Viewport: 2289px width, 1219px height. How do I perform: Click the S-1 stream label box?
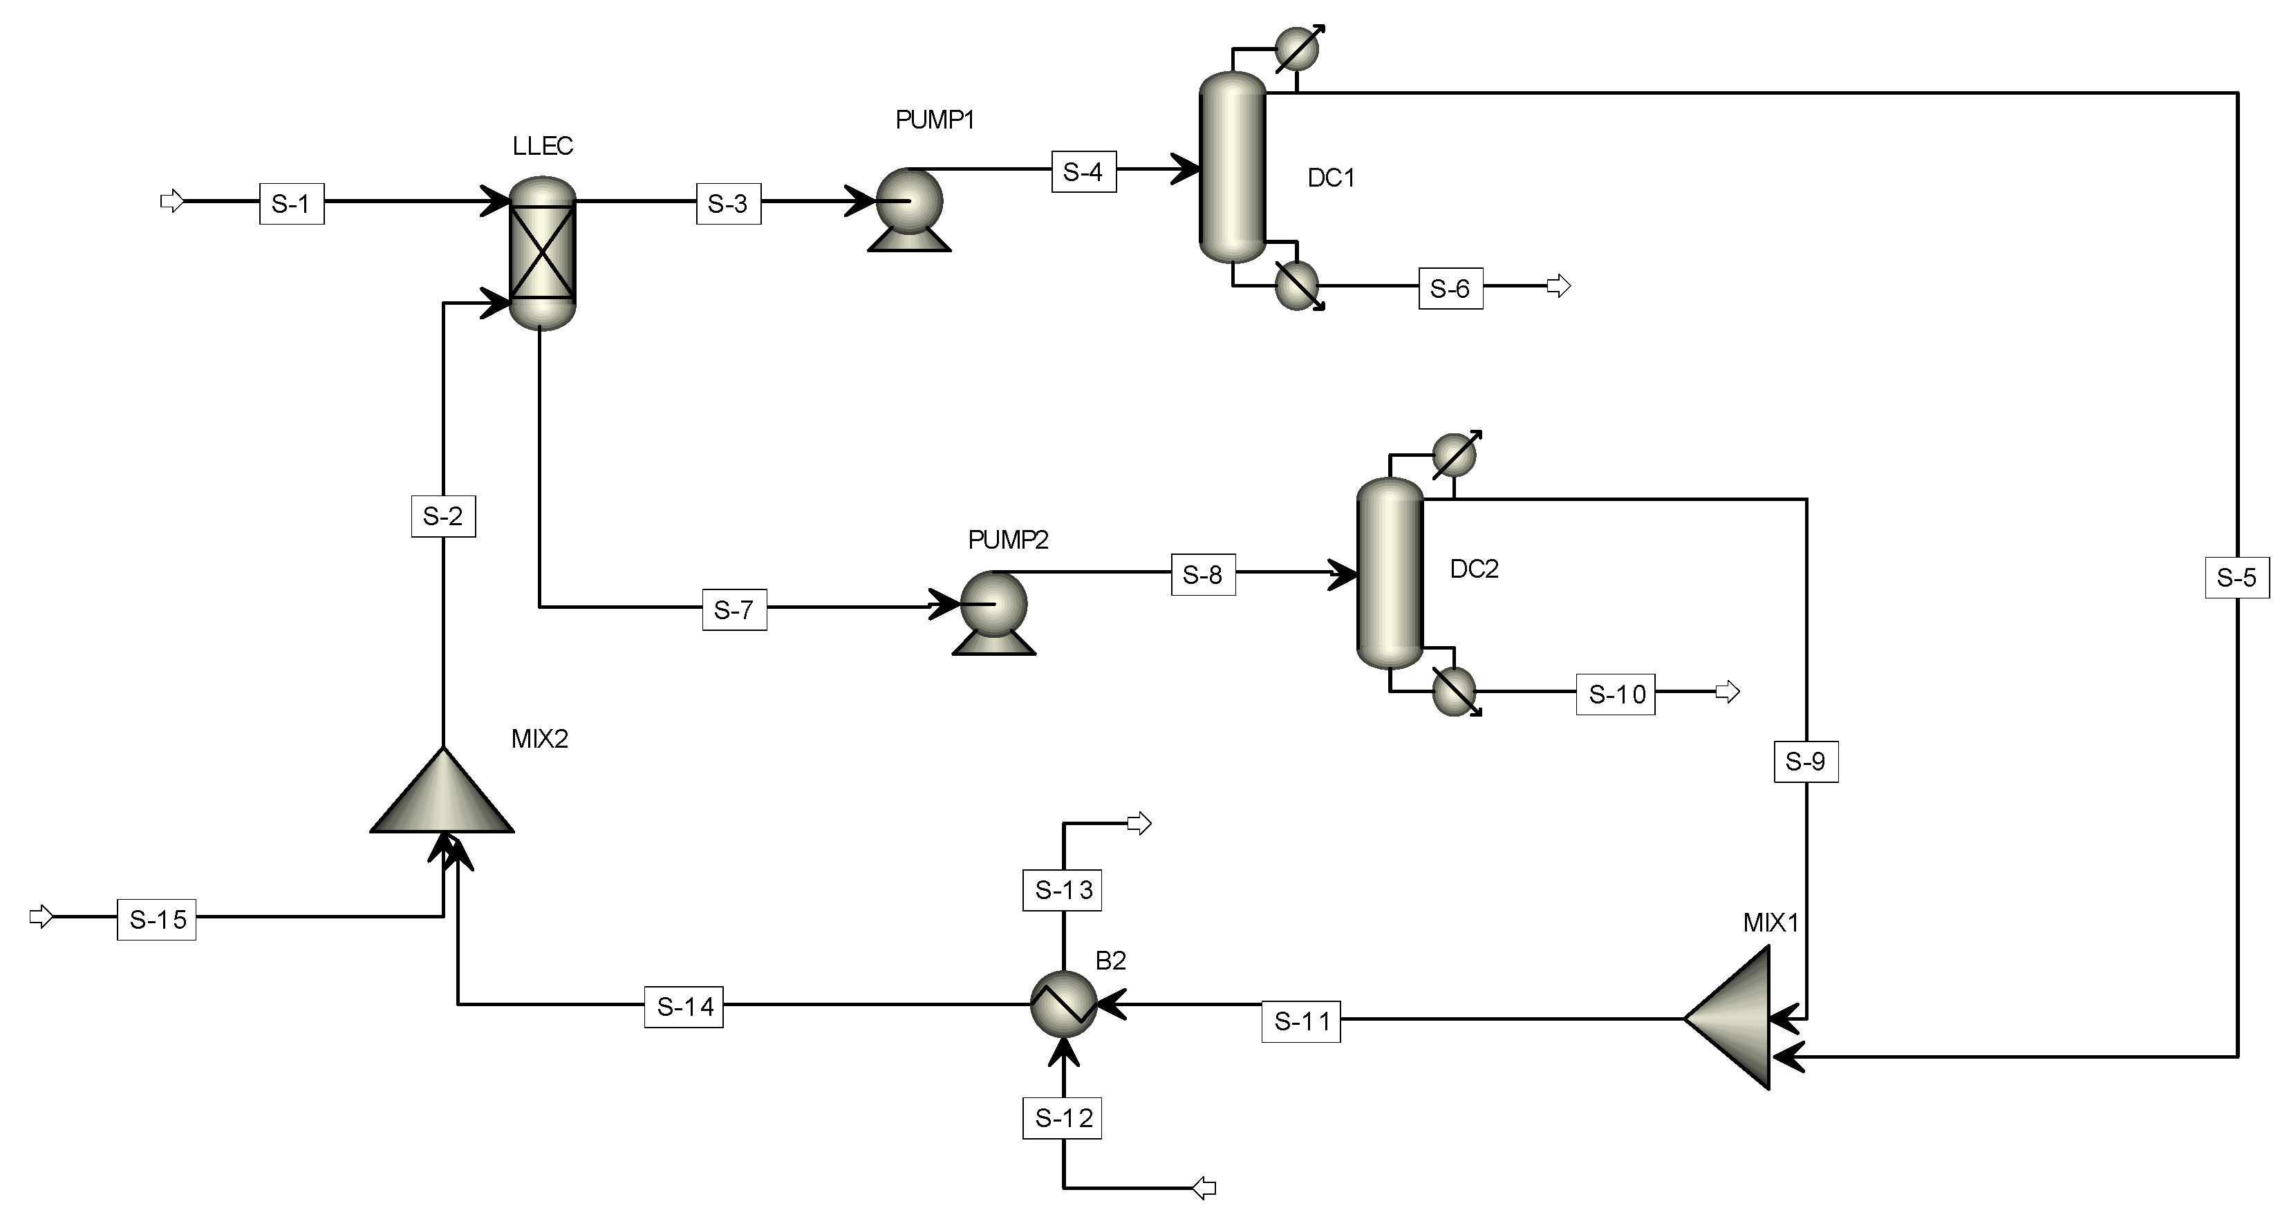tap(292, 203)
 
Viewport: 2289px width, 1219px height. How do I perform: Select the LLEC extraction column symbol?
tap(543, 253)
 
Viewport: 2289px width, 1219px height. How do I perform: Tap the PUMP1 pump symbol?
tap(909, 203)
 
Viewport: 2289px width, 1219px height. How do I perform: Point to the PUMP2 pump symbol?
tap(993, 607)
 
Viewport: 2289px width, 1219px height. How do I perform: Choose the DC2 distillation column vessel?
tap(1390, 573)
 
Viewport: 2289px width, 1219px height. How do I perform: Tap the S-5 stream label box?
tap(2236, 578)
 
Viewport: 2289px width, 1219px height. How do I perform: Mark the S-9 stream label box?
tap(1806, 762)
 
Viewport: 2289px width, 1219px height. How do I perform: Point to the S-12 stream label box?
tap(1063, 1117)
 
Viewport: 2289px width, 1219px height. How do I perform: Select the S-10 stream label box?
tap(1616, 694)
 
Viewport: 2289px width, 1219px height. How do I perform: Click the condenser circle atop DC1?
tap(1296, 49)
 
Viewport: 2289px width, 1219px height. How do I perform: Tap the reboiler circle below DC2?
tap(1455, 690)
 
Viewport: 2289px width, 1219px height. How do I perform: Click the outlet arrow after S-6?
tap(1558, 286)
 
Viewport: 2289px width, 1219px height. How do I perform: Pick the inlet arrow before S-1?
tap(171, 202)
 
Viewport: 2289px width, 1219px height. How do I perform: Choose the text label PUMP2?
tap(1008, 539)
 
